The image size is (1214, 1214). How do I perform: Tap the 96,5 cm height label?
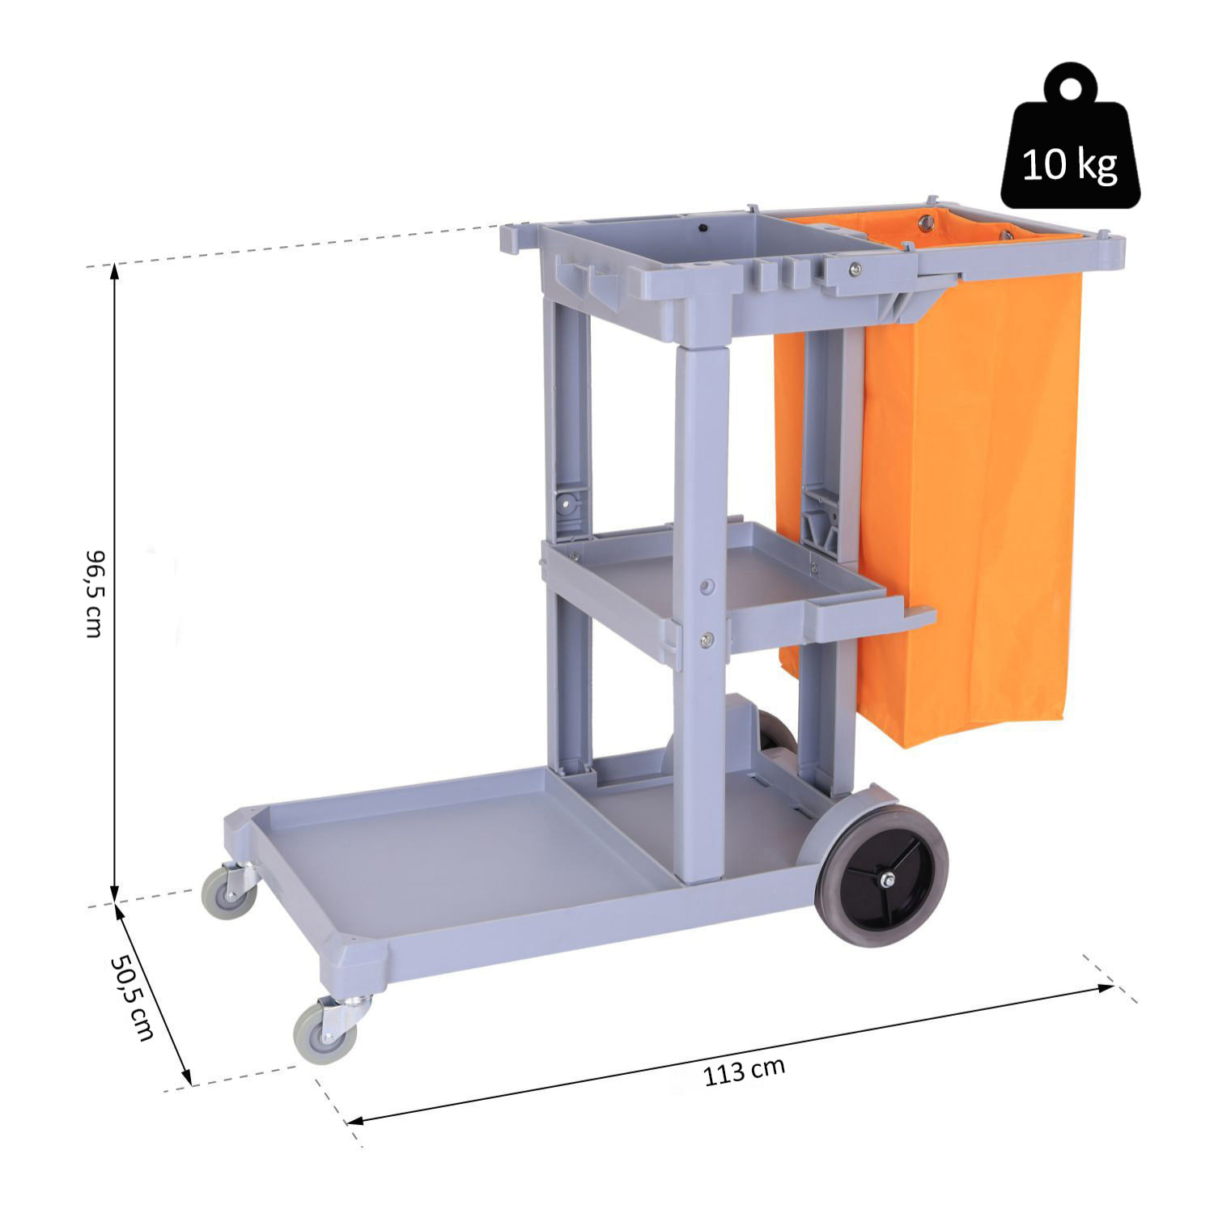[95, 593]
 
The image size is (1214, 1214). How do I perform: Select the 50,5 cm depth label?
[132, 997]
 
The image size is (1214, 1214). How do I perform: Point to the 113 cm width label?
[744, 1072]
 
